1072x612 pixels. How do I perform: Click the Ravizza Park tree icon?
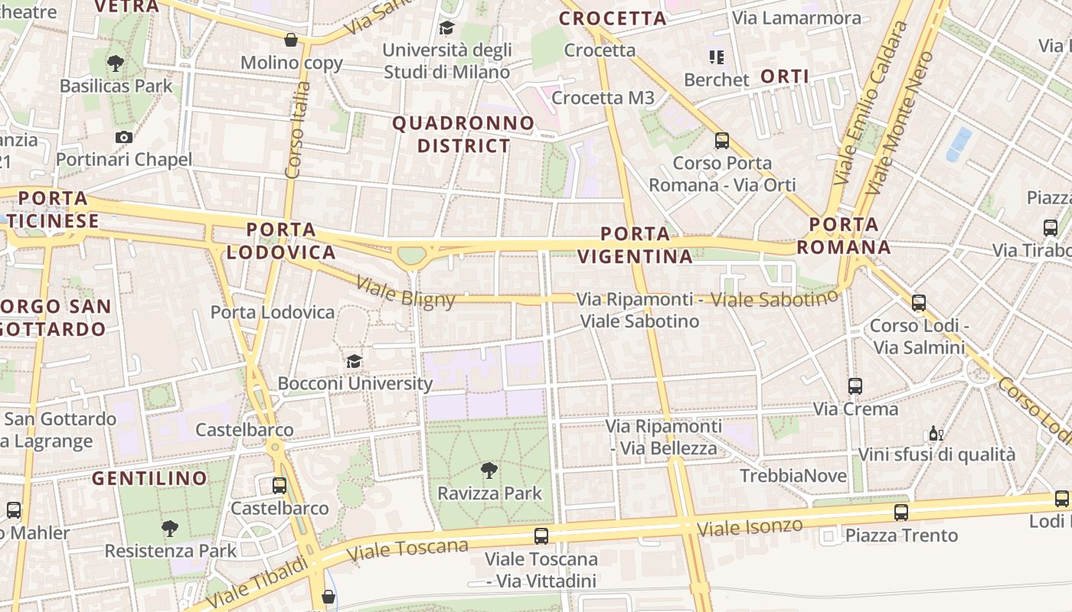point(489,470)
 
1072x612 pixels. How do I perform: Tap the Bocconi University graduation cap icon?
point(354,360)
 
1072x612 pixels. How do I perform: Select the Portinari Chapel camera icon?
point(124,137)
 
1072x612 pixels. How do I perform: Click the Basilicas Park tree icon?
point(116,63)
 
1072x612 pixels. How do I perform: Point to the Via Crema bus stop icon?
point(855,386)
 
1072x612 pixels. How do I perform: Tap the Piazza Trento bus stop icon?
point(901,512)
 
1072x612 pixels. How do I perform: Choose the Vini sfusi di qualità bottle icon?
point(936,434)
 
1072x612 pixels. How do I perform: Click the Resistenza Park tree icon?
point(170,528)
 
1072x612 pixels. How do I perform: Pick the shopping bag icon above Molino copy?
point(291,40)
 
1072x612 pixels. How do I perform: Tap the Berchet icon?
point(717,57)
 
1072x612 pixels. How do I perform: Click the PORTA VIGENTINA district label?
point(636,245)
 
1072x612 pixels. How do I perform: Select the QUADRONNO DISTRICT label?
point(463,134)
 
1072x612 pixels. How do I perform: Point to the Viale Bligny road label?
point(406,291)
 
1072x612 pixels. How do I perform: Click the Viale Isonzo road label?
point(750,526)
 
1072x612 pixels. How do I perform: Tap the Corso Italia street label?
point(296,130)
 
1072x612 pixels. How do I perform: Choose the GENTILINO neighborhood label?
point(149,479)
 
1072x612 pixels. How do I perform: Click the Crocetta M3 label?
point(603,98)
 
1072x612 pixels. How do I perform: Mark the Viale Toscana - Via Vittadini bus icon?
point(541,535)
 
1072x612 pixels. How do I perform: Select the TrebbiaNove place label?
point(793,476)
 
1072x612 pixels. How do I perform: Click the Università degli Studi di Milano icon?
point(446,28)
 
